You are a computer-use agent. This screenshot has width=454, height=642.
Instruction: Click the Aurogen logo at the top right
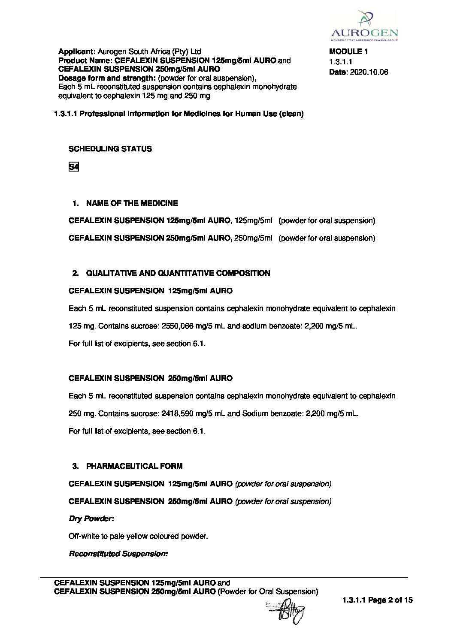[364, 26]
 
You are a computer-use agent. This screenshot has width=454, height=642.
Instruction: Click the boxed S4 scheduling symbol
[73, 167]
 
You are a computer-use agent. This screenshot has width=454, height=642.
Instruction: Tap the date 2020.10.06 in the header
[369, 72]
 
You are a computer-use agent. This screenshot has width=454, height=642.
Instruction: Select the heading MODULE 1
[348, 51]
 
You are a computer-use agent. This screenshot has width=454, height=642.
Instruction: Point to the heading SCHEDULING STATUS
[110, 149]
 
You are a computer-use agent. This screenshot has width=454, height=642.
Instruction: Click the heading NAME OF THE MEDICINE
[132, 203]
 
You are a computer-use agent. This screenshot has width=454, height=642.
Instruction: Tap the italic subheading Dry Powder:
[91, 518]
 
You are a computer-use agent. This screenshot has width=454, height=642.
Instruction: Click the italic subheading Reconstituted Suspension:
[118, 554]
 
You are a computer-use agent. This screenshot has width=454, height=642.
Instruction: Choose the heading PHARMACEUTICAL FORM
[134, 466]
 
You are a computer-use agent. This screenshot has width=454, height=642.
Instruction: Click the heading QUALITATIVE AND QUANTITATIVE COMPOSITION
[178, 273]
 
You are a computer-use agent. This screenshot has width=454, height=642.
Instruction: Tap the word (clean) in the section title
[291, 114]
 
